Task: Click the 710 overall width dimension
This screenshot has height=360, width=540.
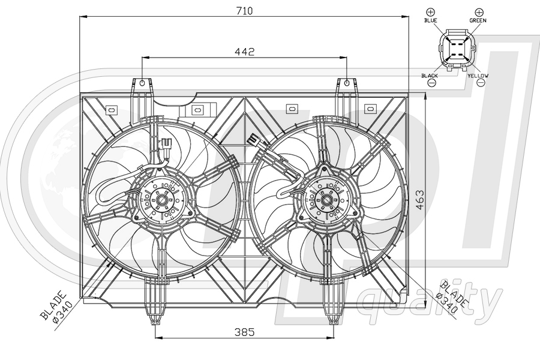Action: point(245,10)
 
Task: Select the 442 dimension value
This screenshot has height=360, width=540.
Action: point(245,52)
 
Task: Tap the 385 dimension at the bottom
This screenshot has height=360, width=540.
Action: point(245,331)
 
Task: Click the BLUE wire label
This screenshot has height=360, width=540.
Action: point(431,20)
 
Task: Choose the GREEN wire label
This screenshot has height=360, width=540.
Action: point(478,20)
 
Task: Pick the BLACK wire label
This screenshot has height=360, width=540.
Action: point(430,76)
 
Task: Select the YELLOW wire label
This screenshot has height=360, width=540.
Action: point(478,76)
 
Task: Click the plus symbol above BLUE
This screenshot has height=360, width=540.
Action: point(430,11)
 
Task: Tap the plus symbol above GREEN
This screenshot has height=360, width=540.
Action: point(479,11)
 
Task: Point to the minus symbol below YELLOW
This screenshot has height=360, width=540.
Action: point(481,83)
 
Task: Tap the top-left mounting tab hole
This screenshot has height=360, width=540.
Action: point(142,83)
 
